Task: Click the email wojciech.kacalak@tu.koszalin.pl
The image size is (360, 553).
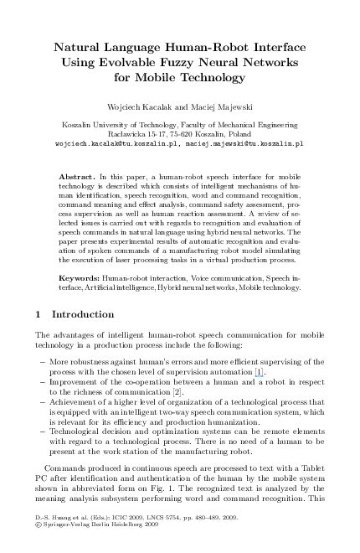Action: click(104, 143)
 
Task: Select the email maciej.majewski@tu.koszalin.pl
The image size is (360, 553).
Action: click(244, 143)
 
